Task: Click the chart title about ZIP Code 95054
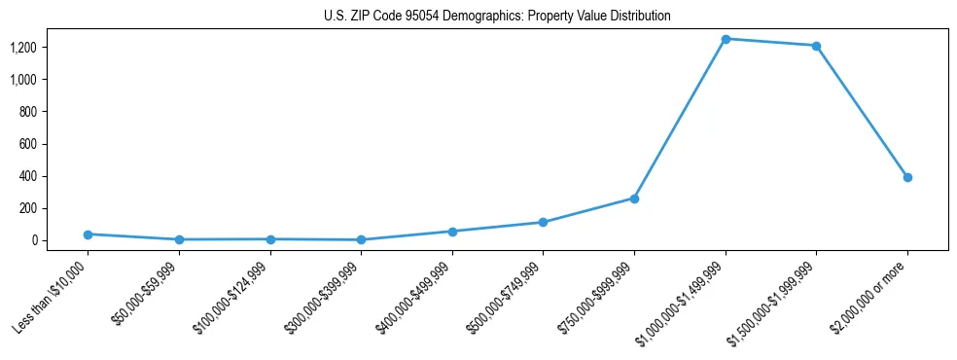click(x=497, y=17)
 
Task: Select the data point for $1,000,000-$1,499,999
click(x=726, y=39)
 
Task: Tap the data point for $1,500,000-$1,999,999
click(x=816, y=46)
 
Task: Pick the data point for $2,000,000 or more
click(x=907, y=177)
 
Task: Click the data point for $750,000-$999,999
click(x=634, y=198)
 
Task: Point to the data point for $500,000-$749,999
click(x=543, y=223)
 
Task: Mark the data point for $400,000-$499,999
click(x=452, y=232)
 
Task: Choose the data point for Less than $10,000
click(x=88, y=234)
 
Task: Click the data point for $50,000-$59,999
click(x=179, y=239)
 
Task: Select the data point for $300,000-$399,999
click(x=361, y=239)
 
